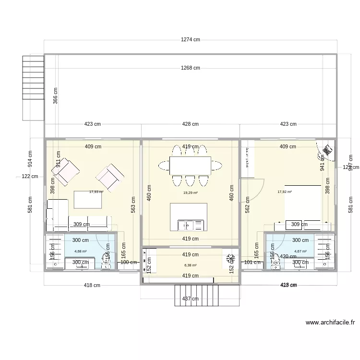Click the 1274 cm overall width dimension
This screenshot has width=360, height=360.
point(190,40)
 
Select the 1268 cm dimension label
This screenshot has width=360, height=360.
point(190,68)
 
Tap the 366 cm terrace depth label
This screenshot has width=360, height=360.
point(56,96)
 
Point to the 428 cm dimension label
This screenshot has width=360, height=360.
point(190,124)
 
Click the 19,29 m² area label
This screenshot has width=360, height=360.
point(191,193)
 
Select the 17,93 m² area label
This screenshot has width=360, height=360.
point(96,192)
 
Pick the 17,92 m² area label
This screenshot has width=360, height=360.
point(285,192)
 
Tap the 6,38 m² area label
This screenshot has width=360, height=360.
point(191,264)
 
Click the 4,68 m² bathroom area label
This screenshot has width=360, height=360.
point(80,251)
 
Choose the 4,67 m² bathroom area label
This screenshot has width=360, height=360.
point(300,251)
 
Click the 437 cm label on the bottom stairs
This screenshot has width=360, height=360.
point(190,299)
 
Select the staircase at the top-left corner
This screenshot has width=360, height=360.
point(33,88)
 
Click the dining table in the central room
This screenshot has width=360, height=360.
point(190,165)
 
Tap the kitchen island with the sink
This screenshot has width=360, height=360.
point(189,217)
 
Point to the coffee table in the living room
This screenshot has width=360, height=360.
point(88,200)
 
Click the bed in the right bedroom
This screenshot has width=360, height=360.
point(303,202)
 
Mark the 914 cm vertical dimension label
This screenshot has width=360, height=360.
point(30,159)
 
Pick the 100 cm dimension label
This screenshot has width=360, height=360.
point(128,262)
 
